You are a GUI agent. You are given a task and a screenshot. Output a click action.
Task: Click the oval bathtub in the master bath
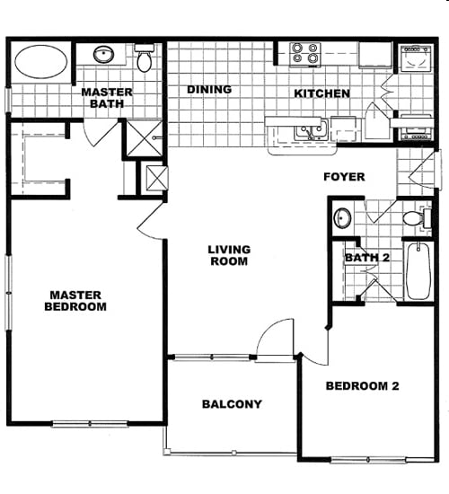(41, 61)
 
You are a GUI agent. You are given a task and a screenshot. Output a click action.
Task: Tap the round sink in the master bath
(103, 54)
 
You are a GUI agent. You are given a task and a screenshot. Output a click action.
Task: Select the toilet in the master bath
(145, 57)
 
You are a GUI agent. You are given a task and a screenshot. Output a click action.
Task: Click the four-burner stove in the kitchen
(305, 54)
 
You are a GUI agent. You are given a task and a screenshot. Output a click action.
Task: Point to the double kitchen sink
(312, 130)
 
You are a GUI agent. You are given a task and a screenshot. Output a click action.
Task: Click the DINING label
(209, 90)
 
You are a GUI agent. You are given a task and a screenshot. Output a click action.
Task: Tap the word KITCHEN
(321, 93)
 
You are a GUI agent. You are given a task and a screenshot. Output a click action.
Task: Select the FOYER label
(344, 177)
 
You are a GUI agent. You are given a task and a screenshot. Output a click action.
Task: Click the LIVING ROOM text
(229, 255)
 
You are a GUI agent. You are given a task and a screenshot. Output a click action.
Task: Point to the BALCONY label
(232, 404)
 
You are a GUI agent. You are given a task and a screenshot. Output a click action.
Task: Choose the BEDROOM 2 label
(363, 385)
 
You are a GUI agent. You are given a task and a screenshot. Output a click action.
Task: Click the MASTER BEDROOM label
(75, 301)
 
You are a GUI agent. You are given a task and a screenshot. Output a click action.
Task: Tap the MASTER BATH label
(107, 98)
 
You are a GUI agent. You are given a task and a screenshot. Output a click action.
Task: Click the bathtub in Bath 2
(418, 271)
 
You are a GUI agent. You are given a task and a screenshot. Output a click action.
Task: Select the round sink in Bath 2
(342, 217)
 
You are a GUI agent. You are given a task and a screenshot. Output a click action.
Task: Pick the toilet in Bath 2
(417, 217)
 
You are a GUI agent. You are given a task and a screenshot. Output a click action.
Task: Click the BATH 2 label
(367, 258)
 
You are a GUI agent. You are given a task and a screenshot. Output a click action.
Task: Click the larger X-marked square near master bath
(145, 138)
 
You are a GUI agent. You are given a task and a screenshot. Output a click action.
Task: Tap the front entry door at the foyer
(423, 171)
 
